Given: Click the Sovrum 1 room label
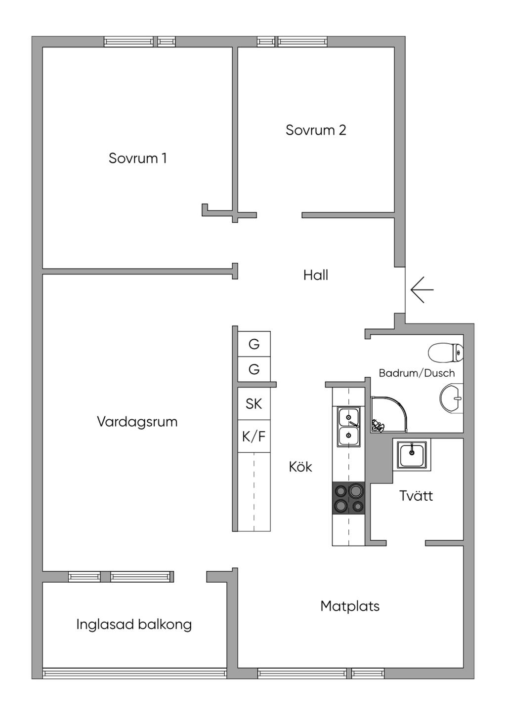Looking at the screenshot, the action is [x=138, y=159].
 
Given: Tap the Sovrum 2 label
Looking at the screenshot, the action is [x=316, y=130].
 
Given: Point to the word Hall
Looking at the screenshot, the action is [x=316, y=275].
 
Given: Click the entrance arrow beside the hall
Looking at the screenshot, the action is [x=422, y=289].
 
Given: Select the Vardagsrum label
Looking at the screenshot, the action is [x=137, y=422].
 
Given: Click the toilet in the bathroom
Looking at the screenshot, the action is [x=445, y=353].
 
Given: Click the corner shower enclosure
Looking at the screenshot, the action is [x=389, y=414].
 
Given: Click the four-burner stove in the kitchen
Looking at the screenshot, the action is [x=348, y=498].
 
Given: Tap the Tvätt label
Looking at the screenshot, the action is [x=416, y=496].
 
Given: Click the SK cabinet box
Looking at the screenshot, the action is [x=254, y=404].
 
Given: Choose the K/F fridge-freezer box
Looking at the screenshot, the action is [x=254, y=437].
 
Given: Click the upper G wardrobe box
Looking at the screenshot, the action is [x=254, y=344].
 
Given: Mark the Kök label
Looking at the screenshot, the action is [x=300, y=467].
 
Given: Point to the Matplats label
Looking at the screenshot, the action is [x=350, y=606].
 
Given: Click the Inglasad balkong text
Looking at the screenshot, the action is [x=134, y=625].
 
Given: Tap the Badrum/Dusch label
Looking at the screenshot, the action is [x=417, y=373].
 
